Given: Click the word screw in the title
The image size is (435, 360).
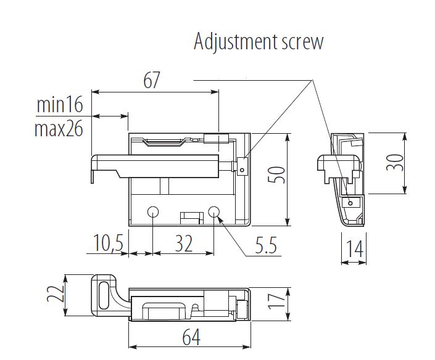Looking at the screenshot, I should (x=301, y=43).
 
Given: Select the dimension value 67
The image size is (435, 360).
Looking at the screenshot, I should (x=151, y=80).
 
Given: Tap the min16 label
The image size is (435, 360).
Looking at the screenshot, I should (x=59, y=105).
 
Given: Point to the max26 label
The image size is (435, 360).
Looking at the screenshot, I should (x=59, y=129).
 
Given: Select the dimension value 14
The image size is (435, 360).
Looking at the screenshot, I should (x=354, y=250).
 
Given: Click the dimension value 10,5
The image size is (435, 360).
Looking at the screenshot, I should (x=108, y=244).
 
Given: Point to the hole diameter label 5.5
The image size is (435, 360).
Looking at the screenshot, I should (x=265, y=247).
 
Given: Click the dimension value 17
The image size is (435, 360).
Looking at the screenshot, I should (x=279, y=300).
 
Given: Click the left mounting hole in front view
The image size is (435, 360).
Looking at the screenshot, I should (x=152, y=212).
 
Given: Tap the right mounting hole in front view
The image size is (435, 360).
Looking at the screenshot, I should (x=214, y=212).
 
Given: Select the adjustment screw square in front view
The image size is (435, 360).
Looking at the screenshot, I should (x=242, y=166).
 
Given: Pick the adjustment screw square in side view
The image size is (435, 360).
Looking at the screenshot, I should (x=350, y=202).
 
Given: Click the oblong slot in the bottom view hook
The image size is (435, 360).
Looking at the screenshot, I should (x=103, y=295).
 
